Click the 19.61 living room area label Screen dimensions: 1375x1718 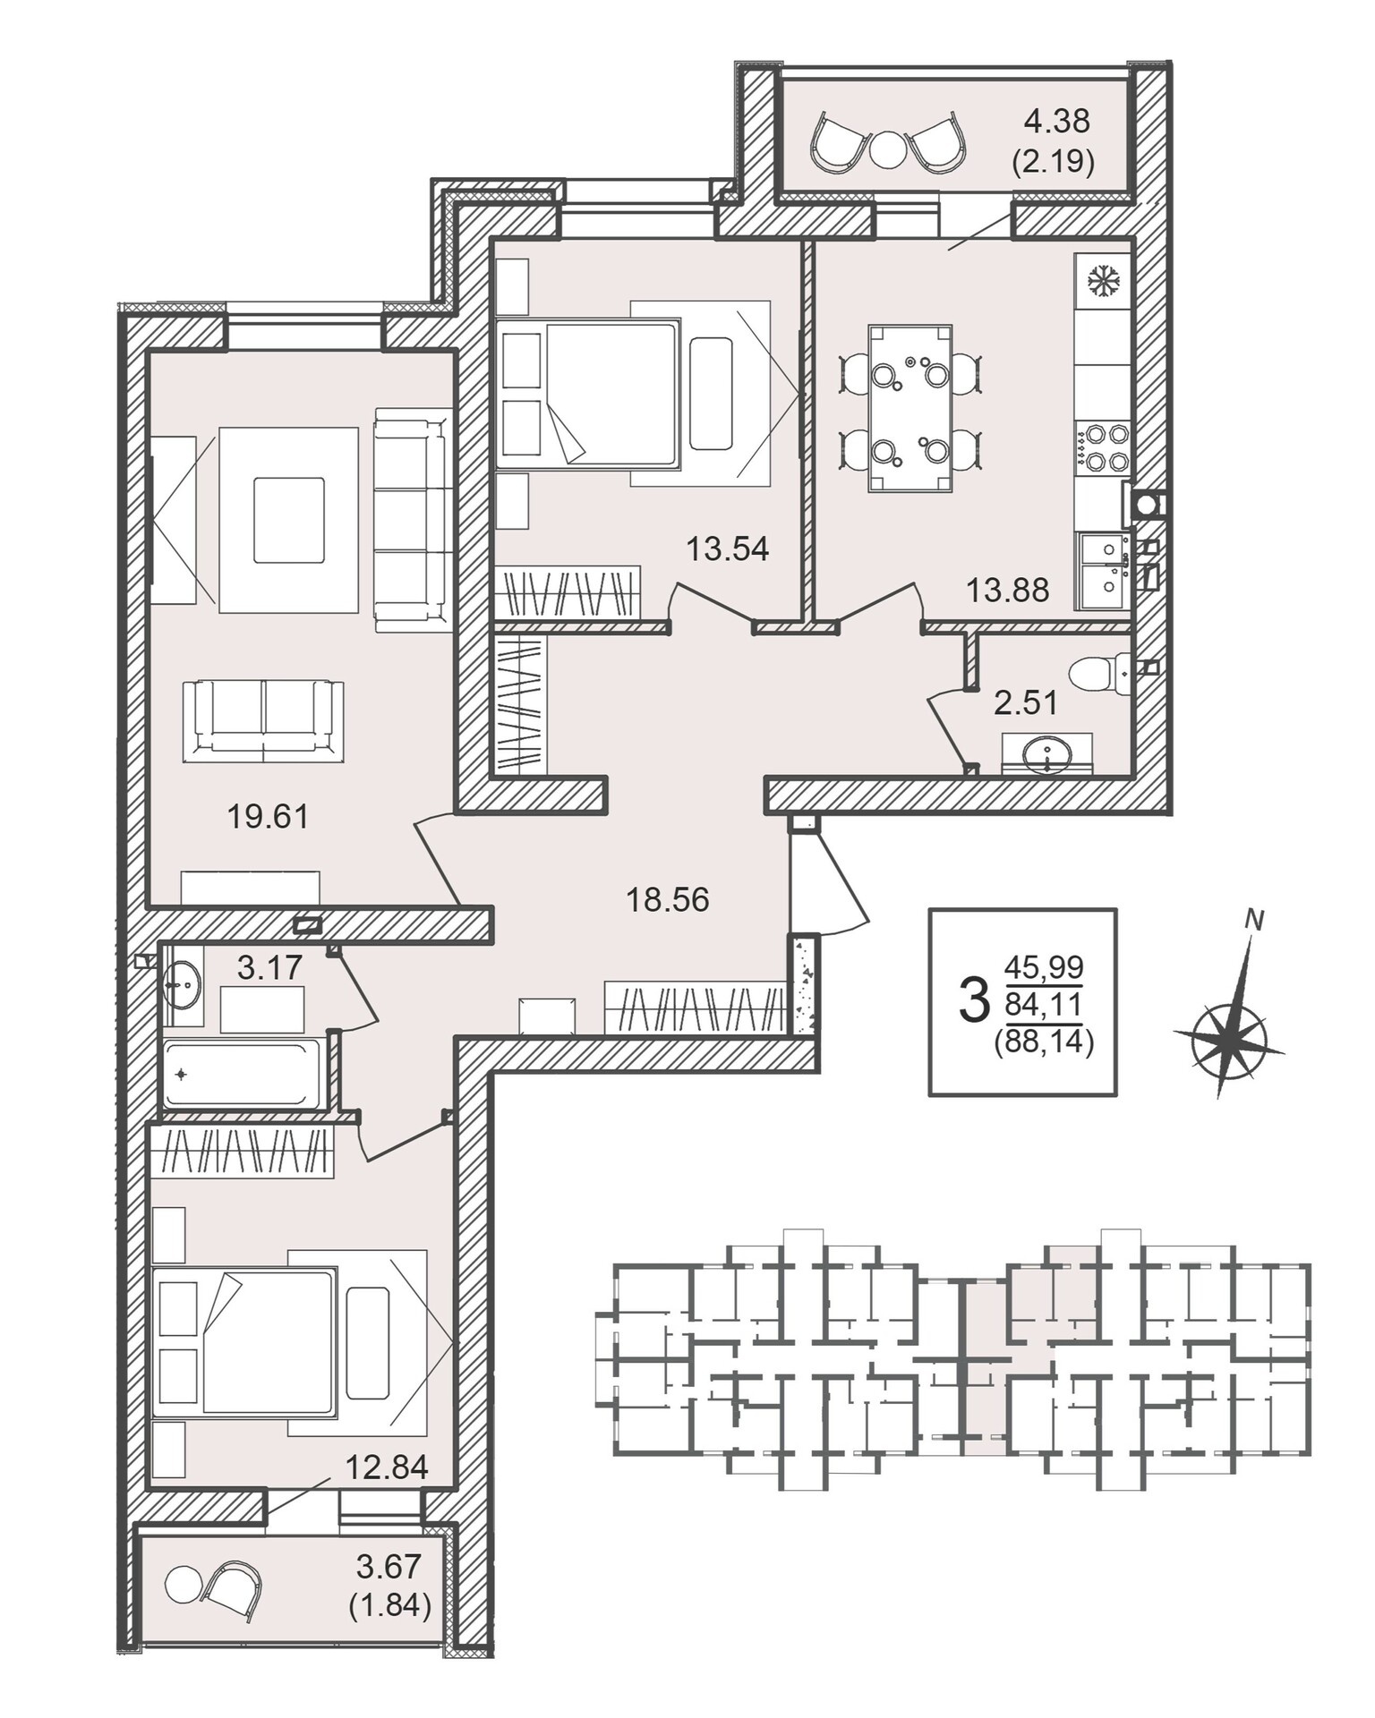click(x=268, y=816)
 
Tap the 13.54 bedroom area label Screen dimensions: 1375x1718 click(x=727, y=549)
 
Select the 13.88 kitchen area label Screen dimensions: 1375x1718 click(x=1007, y=591)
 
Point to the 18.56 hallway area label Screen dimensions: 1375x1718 click(x=667, y=899)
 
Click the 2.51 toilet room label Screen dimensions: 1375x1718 click(x=1026, y=702)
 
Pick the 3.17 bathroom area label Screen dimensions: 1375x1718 click(x=269, y=967)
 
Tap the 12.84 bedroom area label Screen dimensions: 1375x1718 click(x=387, y=1467)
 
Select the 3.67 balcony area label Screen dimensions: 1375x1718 click(x=389, y=1567)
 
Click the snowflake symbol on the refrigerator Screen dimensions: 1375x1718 click(x=1104, y=281)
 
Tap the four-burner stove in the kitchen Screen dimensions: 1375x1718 click(x=1103, y=447)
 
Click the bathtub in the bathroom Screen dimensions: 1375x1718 click(x=242, y=1074)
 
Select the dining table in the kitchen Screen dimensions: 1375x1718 click(x=910, y=409)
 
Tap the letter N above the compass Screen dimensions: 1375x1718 click(x=1255, y=921)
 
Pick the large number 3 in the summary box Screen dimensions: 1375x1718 click(x=974, y=999)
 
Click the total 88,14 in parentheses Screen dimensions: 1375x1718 click(x=1044, y=1043)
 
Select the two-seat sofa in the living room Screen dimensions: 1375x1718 click(x=263, y=721)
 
